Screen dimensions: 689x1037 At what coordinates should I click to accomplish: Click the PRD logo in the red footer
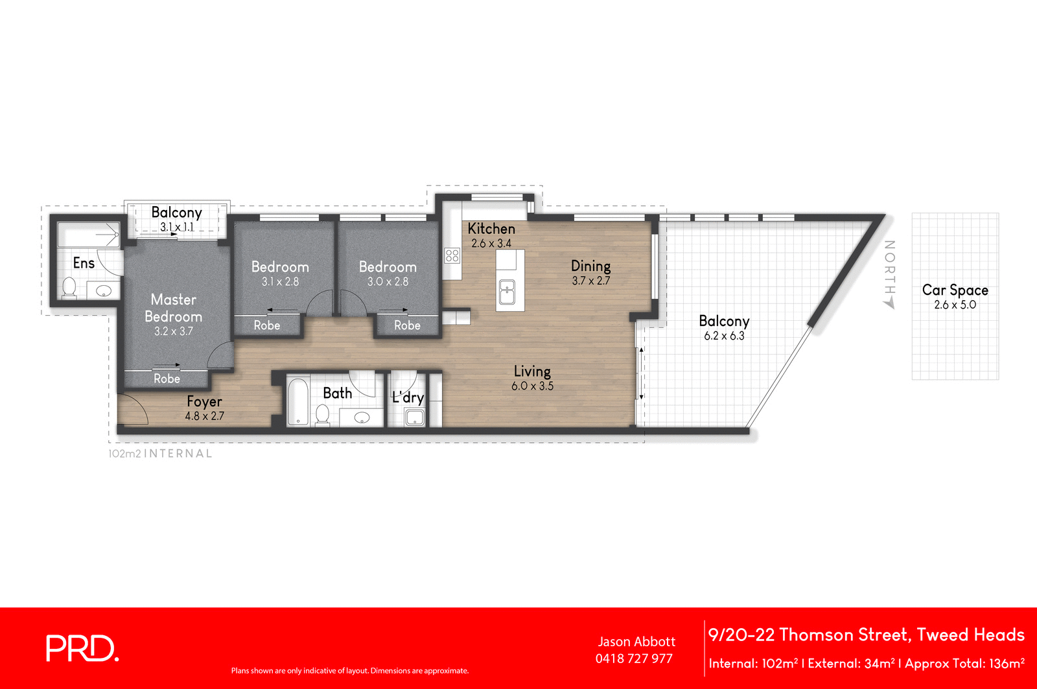tap(82, 648)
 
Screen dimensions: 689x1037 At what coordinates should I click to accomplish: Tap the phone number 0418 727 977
tap(634, 659)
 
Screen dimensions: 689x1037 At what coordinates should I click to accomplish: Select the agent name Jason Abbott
tap(636, 642)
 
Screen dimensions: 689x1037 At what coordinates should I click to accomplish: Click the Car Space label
tap(955, 290)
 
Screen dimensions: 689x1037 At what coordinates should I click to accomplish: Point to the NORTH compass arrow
tap(889, 303)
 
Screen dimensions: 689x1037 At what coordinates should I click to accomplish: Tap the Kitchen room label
tap(491, 229)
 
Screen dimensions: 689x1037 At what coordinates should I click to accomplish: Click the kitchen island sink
tap(507, 291)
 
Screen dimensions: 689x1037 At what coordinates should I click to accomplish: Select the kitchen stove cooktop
tap(452, 255)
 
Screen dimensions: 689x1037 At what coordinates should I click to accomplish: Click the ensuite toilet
tap(69, 286)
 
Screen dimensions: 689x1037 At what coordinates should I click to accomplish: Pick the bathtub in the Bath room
tap(297, 402)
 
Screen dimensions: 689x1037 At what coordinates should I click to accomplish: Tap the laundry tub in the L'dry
tap(415, 417)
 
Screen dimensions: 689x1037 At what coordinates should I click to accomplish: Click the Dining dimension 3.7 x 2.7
tap(590, 281)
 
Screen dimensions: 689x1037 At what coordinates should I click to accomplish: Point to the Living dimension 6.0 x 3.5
tap(532, 386)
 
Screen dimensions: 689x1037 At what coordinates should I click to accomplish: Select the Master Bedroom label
tap(173, 308)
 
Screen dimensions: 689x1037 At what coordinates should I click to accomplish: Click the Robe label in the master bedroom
tap(167, 379)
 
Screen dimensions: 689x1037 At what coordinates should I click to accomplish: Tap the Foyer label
tap(204, 402)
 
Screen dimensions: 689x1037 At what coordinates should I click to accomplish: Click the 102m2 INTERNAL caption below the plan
tap(160, 454)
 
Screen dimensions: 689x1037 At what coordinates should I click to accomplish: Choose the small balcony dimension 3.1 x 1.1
tap(177, 227)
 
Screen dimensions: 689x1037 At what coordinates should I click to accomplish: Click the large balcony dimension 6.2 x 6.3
tap(724, 336)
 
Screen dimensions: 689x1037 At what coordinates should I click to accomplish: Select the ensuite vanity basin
tap(104, 291)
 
